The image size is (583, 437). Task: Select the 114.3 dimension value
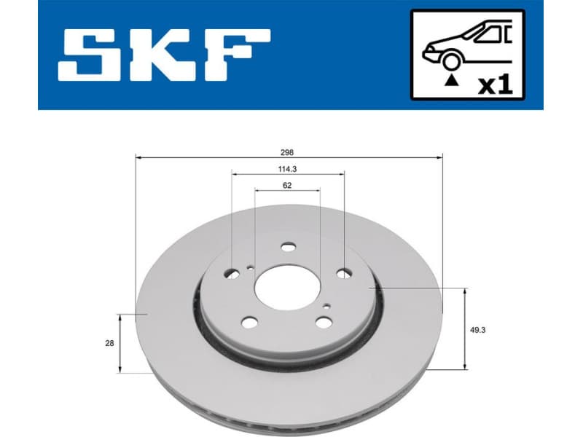coord(287,170)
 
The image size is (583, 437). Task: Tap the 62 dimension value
coord(287,186)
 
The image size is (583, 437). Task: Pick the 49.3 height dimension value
coord(479,329)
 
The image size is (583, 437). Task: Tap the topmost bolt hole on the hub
coord(289,247)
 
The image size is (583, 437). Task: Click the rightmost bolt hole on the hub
coord(343,275)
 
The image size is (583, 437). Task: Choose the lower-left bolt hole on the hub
coord(250,323)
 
